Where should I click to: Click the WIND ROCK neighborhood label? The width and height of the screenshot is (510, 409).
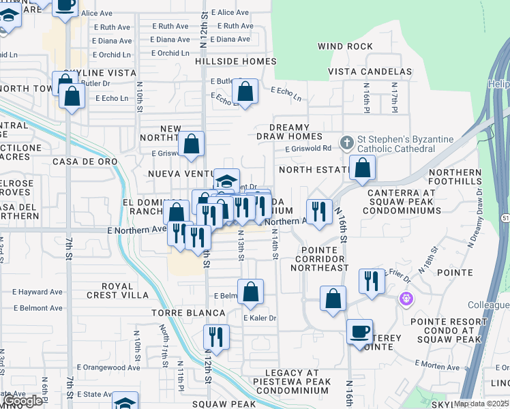coord(345,46)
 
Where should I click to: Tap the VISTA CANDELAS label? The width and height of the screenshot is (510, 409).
coord(370,72)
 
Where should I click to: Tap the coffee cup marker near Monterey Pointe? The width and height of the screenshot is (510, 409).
coord(359,332)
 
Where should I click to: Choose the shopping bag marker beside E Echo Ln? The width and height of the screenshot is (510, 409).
coord(245,91)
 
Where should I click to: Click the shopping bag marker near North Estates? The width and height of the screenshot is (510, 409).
coord(363,168)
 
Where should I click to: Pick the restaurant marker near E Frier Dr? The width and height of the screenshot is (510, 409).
coord(371,281)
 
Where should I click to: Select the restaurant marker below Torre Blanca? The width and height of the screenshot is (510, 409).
coord(216,337)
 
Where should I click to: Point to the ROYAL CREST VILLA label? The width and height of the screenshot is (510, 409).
coord(116,290)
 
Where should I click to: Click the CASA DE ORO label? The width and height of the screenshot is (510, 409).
coord(85,162)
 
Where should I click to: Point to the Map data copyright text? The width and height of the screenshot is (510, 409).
coord(481,404)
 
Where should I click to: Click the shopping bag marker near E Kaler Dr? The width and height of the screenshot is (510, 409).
coord(251,292)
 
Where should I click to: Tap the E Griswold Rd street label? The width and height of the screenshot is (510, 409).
coord(308,149)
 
